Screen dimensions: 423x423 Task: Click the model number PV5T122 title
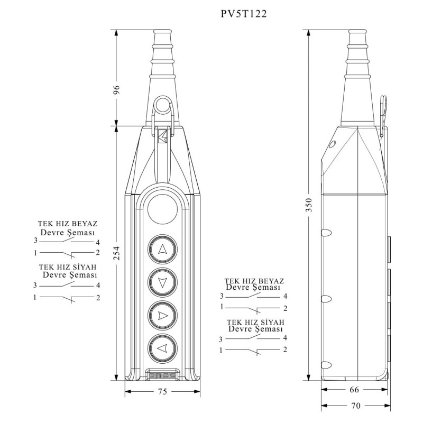click(243, 14)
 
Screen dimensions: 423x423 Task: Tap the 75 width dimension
click(162, 392)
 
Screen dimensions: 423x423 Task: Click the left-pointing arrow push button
click(162, 348)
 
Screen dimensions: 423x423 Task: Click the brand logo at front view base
click(162, 375)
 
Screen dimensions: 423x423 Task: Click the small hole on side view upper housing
click(332, 144)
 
